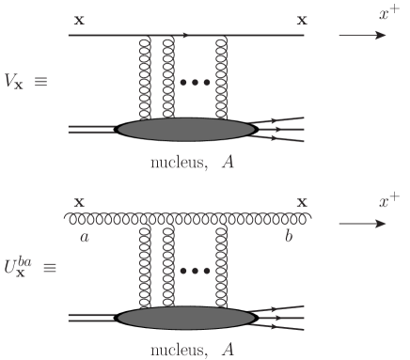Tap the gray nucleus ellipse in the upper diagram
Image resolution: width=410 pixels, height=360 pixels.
186,130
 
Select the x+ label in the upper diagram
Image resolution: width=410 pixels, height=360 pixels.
361,13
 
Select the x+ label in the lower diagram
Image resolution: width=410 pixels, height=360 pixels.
361,201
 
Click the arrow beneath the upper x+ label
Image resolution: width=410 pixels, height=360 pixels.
362,36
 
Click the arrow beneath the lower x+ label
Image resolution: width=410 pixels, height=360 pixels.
362,225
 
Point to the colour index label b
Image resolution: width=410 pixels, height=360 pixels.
290,238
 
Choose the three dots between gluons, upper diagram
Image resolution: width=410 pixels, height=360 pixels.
195,82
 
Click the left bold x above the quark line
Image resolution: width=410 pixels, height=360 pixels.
78,19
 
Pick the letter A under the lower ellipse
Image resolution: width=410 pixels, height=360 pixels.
227,351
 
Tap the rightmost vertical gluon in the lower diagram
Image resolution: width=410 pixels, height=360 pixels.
222,268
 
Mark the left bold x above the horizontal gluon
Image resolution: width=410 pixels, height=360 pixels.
78,202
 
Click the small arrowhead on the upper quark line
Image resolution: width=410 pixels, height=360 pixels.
185,35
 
